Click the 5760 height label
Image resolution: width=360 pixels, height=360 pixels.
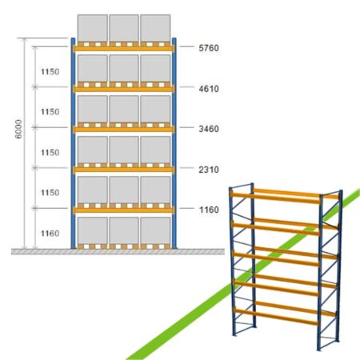[x=209, y=48]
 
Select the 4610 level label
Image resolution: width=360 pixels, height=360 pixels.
[x=209, y=89]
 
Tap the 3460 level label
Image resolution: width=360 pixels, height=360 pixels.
[x=209, y=129]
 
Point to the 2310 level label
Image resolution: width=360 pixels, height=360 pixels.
[x=209, y=170]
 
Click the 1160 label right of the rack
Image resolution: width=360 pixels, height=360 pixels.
[x=209, y=210]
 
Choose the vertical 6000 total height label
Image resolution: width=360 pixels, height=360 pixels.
[x=18, y=129]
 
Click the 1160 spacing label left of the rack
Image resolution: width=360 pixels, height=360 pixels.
[x=50, y=234]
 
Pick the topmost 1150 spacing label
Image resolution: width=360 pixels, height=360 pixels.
[x=50, y=72]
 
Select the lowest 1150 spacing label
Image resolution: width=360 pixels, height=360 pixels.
[x=50, y=193]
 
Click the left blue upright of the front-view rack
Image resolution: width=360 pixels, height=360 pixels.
[x=73, y=143]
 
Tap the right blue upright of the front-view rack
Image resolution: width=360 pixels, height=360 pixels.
[x=174, y=143]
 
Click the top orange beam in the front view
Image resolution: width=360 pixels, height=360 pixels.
[x=124, y=49]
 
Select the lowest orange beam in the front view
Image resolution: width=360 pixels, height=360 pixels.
[x=124, y=210]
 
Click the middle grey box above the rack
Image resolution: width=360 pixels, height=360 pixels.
[x=124, y=28]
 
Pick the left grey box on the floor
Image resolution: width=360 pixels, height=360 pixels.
[x=93, y=230]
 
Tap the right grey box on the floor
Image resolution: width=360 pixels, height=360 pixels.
[x=155, y=230]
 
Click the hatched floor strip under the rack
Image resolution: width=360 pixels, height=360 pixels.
[x=118, y=252]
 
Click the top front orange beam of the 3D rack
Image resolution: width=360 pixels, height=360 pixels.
[x=275, y=198]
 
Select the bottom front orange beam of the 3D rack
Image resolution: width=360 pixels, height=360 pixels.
[x=276, y=317]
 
